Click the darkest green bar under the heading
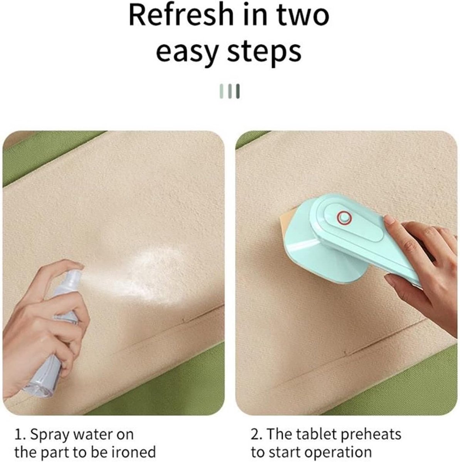click(x=238, y=91)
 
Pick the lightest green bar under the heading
click(x=222, y=91)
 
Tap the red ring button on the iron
click(x=344, y=218)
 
